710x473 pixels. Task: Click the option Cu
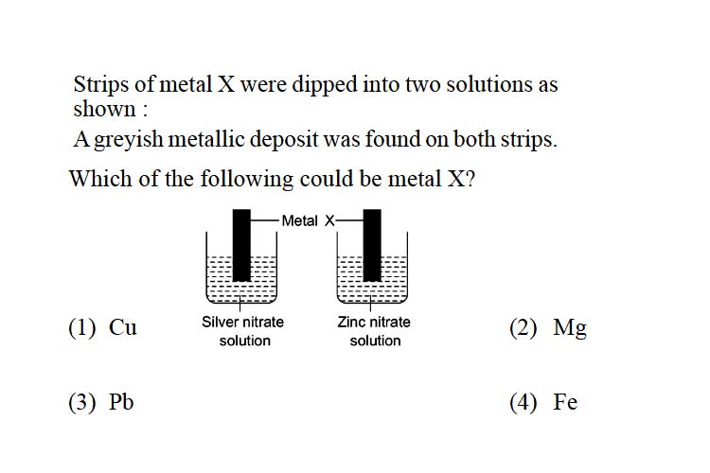pyautogui.click(x=122, y=326)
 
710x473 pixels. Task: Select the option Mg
pyautogui.click(x=570, y=327)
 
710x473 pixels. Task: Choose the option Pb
pyautogui.click(x=121, y=401)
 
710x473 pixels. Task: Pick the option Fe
pyautogui.click(x=565, y=401)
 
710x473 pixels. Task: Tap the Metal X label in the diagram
pyautogui.click(x=308, y=220)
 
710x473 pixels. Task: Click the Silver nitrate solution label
pyautogui.click(x=243, y=331)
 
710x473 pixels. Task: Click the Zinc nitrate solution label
pyautogui.click(x=374, y=331)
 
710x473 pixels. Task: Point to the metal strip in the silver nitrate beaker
pyautogui.click(x=241, y=245)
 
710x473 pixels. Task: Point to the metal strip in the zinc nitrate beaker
pyautogui.click(x=372, y=245)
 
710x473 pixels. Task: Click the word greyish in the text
pyautogui.click(x=129, y=139)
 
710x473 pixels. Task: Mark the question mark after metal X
pyautogui.click(x=470, y=179)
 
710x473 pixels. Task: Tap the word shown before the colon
pyautogui.click(x=104, y=109)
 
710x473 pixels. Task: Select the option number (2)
pyautogui.click(x=523, y=327)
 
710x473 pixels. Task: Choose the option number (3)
pyautogui.click(x=82, y=402)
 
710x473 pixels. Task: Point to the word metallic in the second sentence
pyautogui.click(x=206, y=138)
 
